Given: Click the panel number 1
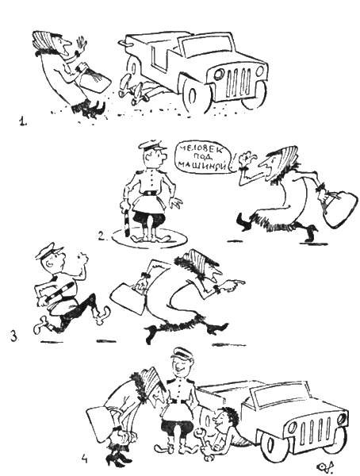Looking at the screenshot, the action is [22, 121].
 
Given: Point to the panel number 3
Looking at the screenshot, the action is [14, 336].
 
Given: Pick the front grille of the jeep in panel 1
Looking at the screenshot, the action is [239, 81].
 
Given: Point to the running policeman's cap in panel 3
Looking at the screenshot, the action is [49, 251].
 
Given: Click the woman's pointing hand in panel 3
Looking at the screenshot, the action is [233, 284].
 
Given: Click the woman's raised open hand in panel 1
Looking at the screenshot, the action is [81, 45].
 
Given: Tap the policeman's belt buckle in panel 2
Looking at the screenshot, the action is [149, 193].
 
